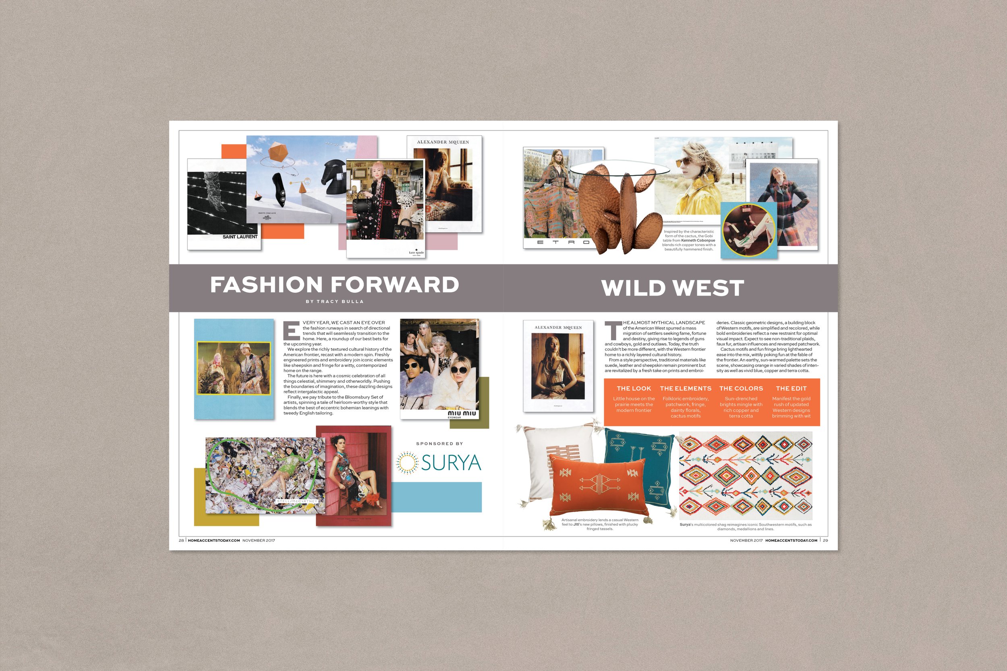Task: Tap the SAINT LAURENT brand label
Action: (240, 237)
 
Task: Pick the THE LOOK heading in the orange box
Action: (634, 388)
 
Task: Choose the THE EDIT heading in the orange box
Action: (791, 388)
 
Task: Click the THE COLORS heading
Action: (741, 388)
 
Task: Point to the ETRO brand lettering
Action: (564, 242)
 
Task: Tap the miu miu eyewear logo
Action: (462, 414)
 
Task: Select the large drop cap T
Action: (612, 330)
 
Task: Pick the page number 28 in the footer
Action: (181, 541)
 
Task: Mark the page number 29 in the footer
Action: (825, 541)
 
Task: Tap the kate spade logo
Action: (416, 252)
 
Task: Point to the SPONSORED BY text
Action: (439, 444)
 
